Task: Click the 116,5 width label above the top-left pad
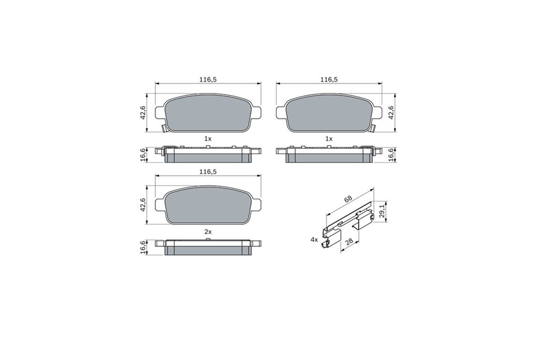pos(208,80)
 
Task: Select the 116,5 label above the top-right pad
pos(329,80)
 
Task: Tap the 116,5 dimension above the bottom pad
pos(208,172)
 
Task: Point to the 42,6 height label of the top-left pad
pos(143,113)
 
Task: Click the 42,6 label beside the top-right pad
pos(391,113)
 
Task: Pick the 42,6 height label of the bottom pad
pos(143,205)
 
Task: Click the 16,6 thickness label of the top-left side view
pos(143,155)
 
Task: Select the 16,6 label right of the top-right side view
pos(391,155)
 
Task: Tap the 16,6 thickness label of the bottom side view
pos(143,248)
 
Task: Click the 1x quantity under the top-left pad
pos(208,139)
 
